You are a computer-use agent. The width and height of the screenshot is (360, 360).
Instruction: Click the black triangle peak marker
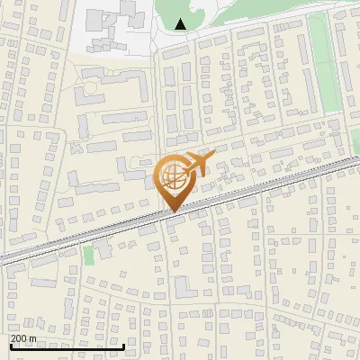pyautogui.click(x=182, y=24)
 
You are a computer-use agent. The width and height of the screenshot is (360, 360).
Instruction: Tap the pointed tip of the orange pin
pyautogui.click(x=174, y=211)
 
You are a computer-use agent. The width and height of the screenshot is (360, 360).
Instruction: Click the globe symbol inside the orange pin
pyautogui.click(x=174, y=178)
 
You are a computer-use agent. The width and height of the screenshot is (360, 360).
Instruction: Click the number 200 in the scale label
pyautogui.click(x=18, y=338)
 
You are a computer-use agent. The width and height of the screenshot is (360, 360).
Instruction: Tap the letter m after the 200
pyautogui.click(x=32, y=338)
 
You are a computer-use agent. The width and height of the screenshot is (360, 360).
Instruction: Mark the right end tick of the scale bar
pyautogui.click(x=122, y=345)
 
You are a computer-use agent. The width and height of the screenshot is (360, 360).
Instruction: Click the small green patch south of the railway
pyautogui.click(x=89, y=255)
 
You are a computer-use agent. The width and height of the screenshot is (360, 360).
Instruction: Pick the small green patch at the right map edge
pyautogui.click(x=355, y=139)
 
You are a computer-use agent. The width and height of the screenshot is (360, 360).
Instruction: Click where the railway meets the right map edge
pyautogui.click(x=357, y=161)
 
